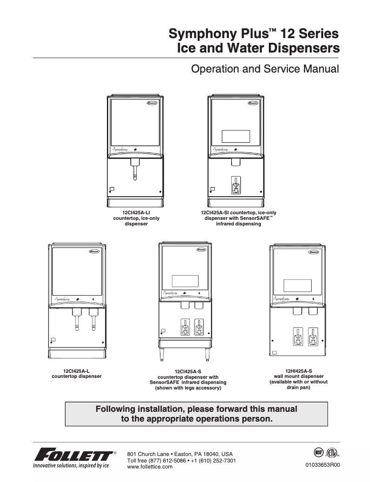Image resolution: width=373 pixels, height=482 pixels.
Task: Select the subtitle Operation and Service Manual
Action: pyautogui.click(x=265, y=69)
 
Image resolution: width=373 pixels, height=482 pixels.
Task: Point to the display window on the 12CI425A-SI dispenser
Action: pyautogui.click(x=236, y=136)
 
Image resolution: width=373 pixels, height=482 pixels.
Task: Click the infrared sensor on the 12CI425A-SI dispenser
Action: pyautogui.click(x=236, y=185)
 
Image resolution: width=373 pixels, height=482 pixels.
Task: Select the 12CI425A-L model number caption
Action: pyautogui.click(x=76, y=370)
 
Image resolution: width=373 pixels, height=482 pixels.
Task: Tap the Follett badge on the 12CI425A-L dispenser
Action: pyautogui.click(x=94, y=252)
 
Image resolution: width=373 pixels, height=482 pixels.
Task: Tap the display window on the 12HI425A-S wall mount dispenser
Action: pyautogui.click(x=297, y=285)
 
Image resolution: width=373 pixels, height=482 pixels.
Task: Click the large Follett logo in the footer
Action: pyautogui.click(x=73, y=454)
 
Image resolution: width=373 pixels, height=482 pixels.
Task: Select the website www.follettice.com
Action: pyautogui.click(x=150, y=467)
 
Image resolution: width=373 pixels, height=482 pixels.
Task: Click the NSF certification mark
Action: pyautogui.click(x=319, y=452)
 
